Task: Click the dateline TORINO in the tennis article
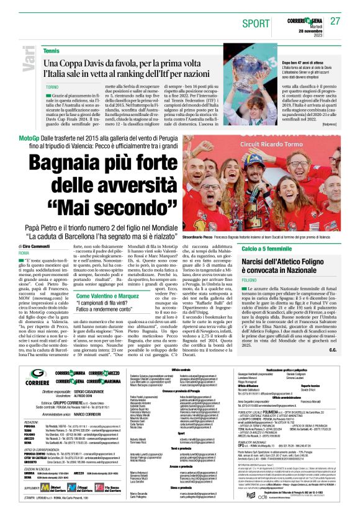tap(52, 87)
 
